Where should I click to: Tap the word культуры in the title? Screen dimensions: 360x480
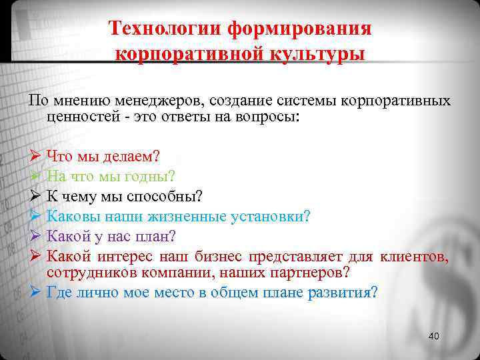316,54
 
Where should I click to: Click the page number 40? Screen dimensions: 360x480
434,335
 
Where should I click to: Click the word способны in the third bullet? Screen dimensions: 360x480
170,197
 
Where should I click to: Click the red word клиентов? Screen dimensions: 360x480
414,257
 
